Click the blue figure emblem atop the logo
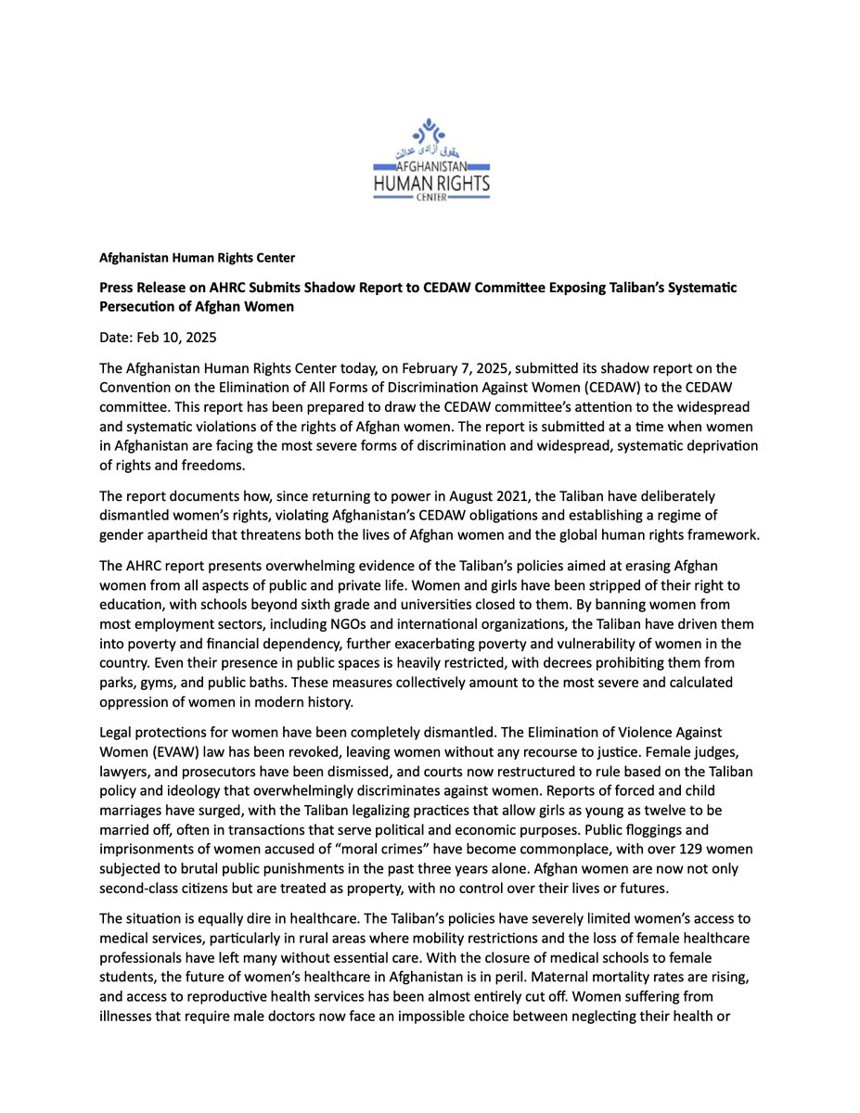[x=429, y=132]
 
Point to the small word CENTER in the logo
[x=430, y=198]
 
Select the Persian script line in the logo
[x=430, y=150]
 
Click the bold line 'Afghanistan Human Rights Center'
[x=197, y=257]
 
